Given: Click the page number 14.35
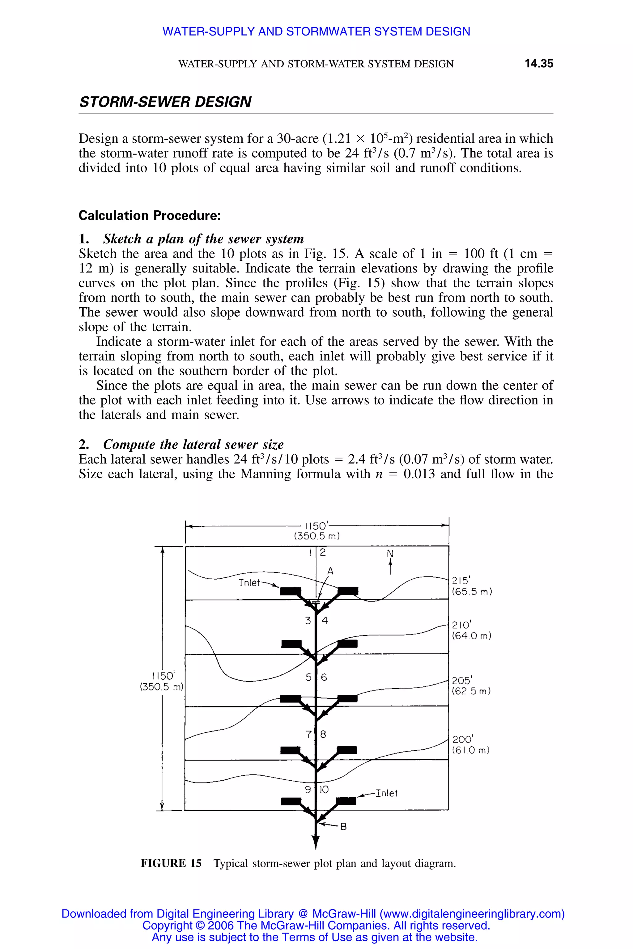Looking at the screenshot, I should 538,64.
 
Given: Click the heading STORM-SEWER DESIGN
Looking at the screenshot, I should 165,102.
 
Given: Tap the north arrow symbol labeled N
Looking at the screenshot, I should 390,562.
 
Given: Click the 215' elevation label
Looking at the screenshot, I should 461,581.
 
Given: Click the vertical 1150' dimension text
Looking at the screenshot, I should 163,676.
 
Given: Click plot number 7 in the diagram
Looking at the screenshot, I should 309,734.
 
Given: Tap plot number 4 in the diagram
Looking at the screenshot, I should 325,621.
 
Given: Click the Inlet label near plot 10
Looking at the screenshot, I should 386,793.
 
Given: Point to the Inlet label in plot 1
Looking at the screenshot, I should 249,583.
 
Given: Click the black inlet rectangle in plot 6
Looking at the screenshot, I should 347,698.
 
